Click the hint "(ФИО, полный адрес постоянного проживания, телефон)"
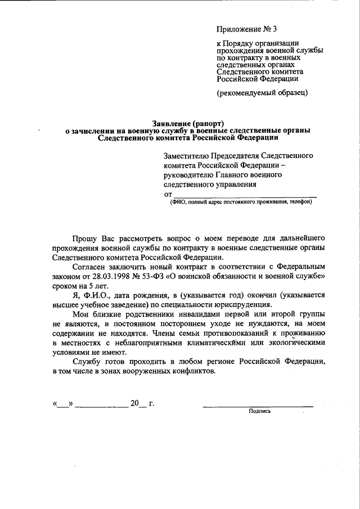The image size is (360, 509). pos(241,203)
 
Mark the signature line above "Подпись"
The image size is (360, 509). pos(258,404)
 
